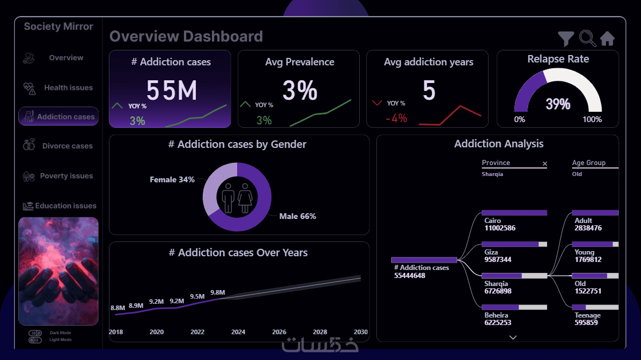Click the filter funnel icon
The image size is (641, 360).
pyautogui.click(x=566, y=38)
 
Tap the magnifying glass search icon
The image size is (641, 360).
pyautogui.click(x=587, y=38)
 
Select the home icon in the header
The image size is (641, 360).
pyautogui.click(x=607, y=38)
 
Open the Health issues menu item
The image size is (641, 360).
pyautogui.click(x=68, y=88)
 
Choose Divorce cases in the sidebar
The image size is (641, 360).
pyautogui.click(x=67, y=146)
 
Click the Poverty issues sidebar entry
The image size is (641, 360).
pyautogui.click(x=66, y=176)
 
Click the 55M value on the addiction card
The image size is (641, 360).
pyautogui.click(x=171, y=91)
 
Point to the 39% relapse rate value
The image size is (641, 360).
pyautogui.click(x=558, y=104)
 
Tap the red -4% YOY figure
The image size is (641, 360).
pyautogui.click(x=396, y=118)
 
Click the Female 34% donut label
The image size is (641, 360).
pyautogui.click(x=172, y=180)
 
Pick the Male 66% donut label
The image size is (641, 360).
pyautogui.click(x=297, y=216)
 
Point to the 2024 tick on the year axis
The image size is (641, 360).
pyautogui.click(x=238, y=332)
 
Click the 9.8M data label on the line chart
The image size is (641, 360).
pyautogui.click(x=218, y=292)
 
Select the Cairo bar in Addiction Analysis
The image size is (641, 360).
pyautogui.click(x=514, y=213)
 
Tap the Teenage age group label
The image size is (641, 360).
pyautogui.click(x=588, y=315)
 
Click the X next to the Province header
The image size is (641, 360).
pyautogui.click(x=545, y=164)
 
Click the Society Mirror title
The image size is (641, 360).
pyautogui.click(x=58, y=26)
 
